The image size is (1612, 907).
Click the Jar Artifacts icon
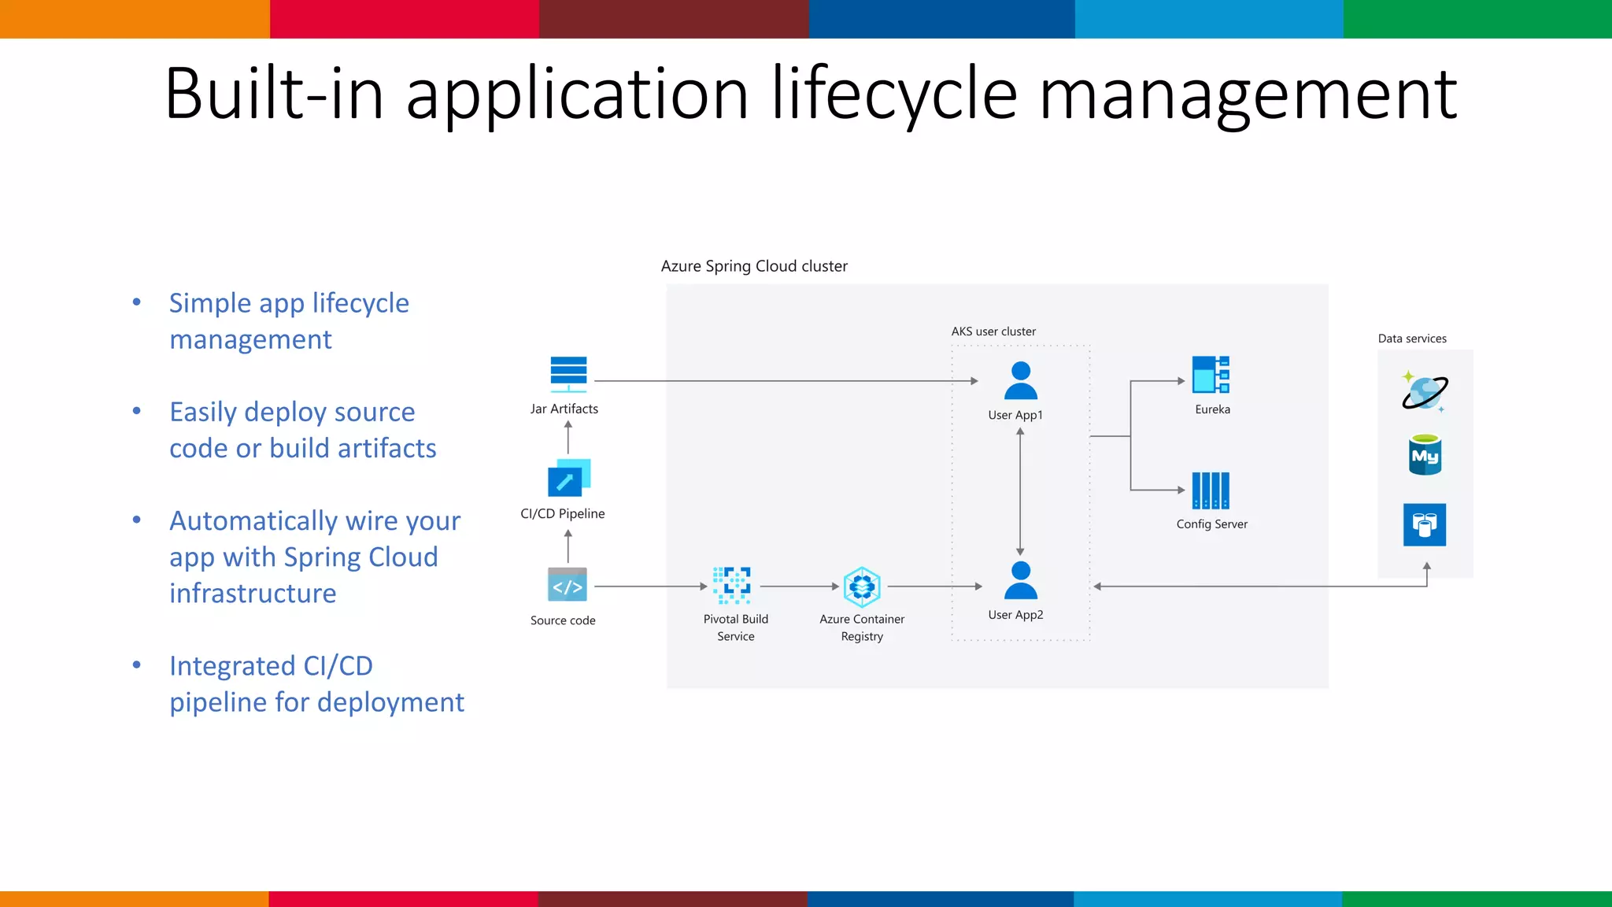click(x=568, y=374)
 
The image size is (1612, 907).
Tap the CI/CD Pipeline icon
click(x=568, y=478)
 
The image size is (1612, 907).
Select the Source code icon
click(x=568, y=585)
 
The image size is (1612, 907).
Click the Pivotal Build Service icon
click(x=732, y=585)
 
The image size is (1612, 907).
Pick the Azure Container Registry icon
click(x=862, y=587)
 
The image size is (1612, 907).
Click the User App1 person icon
click(x=1021, y=381)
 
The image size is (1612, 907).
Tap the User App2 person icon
click(x=1021, y=581)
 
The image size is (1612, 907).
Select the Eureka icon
click(x=1211, y=375)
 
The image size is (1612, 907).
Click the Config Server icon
click(x=1211, y=491)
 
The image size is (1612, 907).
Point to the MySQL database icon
click(x=1425, y=455)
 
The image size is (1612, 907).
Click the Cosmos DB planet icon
click(x=1424, y=391)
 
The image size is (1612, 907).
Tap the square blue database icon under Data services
click(x=1425, y=524)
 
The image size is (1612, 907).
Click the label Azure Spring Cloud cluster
click(x=754, y=266)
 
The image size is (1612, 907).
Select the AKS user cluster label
click(x=993, y=331)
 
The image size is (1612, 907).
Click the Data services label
click(x=1412, y=339)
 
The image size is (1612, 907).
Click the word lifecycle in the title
click(x=895, y=94)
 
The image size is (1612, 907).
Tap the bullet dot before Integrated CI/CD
click(x=137, y=665)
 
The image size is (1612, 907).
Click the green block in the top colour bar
click(x=1477, y=19)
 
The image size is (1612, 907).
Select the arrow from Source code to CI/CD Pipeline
click(x=568, y=546)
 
